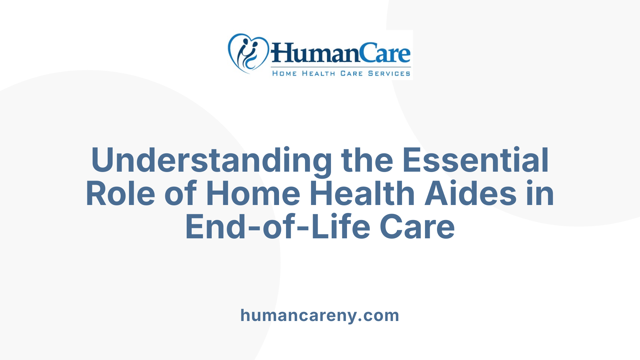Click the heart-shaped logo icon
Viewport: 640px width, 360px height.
point(248,53)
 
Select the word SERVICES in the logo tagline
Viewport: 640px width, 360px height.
point(389,73)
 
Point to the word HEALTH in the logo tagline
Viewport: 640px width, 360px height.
point(318,73)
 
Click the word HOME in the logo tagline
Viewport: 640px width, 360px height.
point(284,73)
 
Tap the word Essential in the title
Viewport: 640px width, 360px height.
point(475,161)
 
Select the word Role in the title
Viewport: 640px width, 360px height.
point(120,194)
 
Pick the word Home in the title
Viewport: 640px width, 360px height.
point(253,194)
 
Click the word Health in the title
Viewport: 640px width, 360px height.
point(362,194)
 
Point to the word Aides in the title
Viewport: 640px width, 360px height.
point(470,194)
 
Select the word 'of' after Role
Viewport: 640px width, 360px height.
point(180,194)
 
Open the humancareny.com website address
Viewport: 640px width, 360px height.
point(320,315)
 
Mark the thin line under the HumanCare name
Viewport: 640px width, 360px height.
point(340,67)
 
